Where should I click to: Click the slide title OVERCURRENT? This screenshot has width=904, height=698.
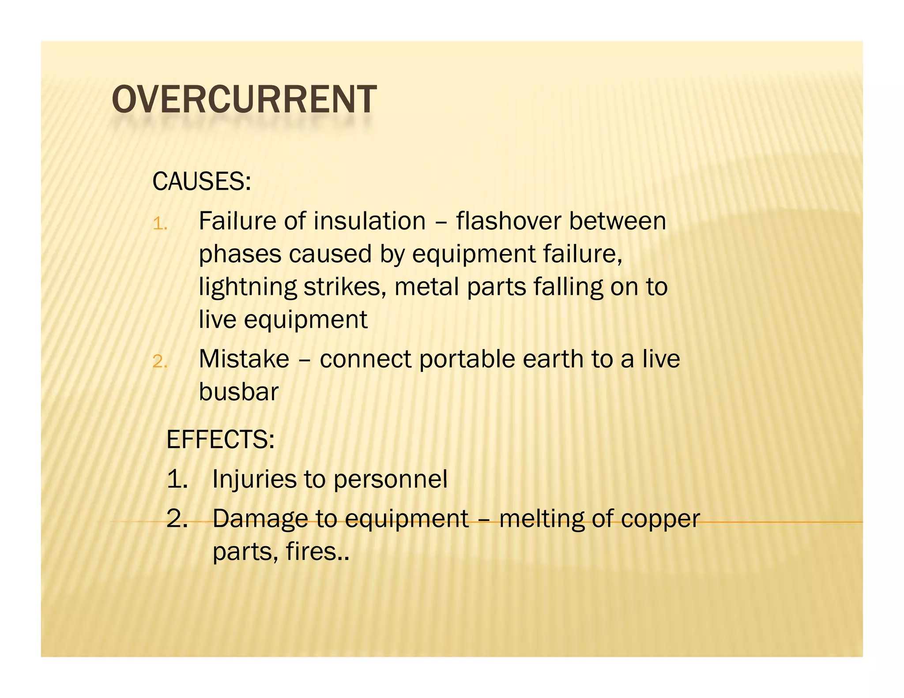pos(244,100)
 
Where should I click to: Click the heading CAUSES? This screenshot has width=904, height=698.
pos(201,181)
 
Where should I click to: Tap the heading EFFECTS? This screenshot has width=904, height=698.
pos(220,439)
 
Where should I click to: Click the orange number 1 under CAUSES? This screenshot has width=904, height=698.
pos(159,225)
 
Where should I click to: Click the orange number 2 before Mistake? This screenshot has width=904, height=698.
pos(159,362)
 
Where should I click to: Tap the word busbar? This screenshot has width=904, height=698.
pos(238,392)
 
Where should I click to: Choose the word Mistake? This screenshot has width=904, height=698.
pos(244,359)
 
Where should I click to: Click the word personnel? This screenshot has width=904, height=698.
pos(390,480)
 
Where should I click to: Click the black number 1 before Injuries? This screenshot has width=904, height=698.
pos(177,479)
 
